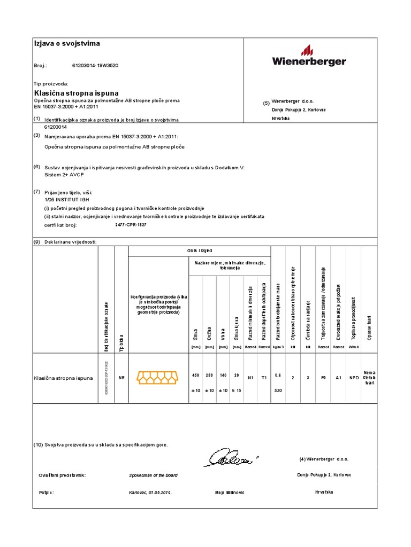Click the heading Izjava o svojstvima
pyautogui.click(x=67, y=43)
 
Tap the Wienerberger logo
pyautogui.click(x=309, y=57)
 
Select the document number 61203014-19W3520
pyautogui.click(x=95, y=66)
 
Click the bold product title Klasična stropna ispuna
pyautogui.click(x=76, y=93)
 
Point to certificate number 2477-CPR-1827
pyautogui.click(x=131, y=225)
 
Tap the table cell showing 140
pyautogui.click(x=223, y=376)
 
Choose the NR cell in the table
pyautogui.click(x=121, y=378)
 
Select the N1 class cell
pyautogui.click(x=250, y=378)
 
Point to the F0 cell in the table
pyautogui.click(x=323, y=378)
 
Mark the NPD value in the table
pyautogui.click(x=354, y=378)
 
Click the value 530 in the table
pyautogui.click(x=278, y=390)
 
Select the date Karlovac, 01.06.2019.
pyautogui.click(x=150, y=492)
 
